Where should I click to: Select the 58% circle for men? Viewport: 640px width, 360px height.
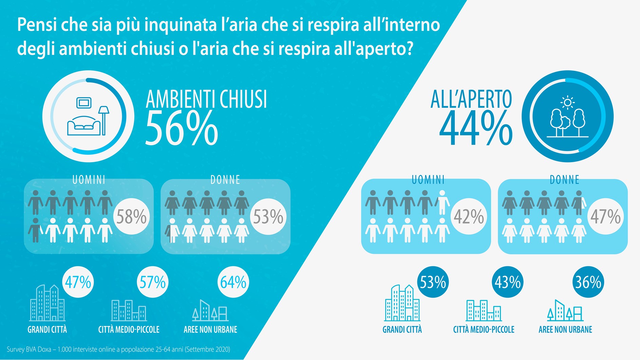(x=131, y=216)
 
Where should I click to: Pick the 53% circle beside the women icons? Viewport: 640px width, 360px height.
(x=268, y=216)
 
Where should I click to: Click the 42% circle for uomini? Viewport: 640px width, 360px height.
(x=469, y=216)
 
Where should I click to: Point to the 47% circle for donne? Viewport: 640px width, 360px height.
(x=605, y=216)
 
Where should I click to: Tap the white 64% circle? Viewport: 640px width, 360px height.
(x=233, y=282)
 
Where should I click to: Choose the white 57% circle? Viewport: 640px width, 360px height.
(x=152, y=282)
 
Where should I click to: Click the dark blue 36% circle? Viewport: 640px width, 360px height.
(x=588, y=282)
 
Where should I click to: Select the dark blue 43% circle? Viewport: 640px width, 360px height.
(x=507, y=282)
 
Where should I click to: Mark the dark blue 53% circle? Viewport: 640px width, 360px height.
(x=433, y=282)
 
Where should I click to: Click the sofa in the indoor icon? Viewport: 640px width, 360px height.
(x=84, y=127)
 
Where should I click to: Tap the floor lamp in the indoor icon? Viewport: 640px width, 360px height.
(x=103, y=119)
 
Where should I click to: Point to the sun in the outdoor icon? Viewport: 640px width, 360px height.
(x=567, y=102)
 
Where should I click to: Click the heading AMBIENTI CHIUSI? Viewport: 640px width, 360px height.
(x=206, y=99)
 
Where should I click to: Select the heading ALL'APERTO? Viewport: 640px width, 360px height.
(x=471, y=99)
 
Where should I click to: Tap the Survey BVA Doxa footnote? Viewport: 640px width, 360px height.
(x=118, y=349)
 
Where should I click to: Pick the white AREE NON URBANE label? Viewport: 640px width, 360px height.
(x=210, y=329)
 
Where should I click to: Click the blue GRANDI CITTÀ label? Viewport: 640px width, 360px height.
(x=402, y=329)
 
